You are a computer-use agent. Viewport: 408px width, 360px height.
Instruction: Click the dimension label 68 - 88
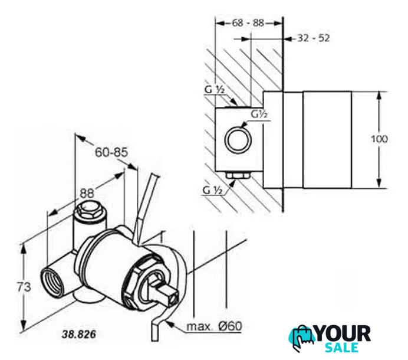tap(248, 23)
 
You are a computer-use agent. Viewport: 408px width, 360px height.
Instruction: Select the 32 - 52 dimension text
tap(314, 38)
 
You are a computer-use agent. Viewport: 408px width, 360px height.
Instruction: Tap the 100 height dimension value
tap(379, 139)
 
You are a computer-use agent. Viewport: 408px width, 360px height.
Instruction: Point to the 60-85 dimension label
tap(111, 152)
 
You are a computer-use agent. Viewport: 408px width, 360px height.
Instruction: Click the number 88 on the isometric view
tap(87, 194)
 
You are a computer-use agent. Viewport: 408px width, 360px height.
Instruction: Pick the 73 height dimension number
tap(24, 287)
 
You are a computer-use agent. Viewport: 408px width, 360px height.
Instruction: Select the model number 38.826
tap(79, 334)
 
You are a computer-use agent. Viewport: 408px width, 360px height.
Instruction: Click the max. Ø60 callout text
tap(214, 326)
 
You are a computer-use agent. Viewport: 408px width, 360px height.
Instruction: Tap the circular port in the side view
tap(238, 140)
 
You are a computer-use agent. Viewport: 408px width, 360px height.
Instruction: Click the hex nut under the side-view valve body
tap(238, 176)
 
